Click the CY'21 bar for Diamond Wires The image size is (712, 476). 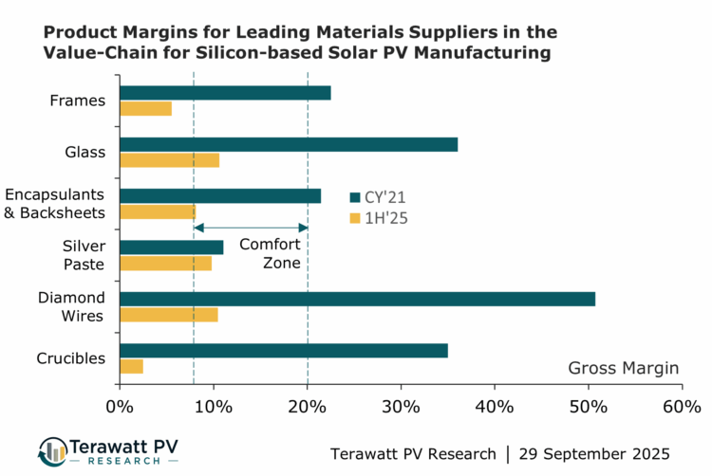(x=357, y=299)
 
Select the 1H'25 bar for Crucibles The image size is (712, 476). (x=131, y=366)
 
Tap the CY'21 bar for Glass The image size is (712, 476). (x=289, y=144)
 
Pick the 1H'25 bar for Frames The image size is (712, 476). (x=145, y=108)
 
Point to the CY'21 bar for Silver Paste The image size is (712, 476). (x=172, y=247)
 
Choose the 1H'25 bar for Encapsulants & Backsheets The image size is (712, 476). (x=158, y=211)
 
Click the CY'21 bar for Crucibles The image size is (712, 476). (x=283, y=350)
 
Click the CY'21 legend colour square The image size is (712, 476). (x=355, y=197)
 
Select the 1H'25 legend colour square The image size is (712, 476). (x=355, y=218)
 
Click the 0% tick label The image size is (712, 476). (x=120, y=407)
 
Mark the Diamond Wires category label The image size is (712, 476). (x=71, y=306)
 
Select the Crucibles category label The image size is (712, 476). (x=70, y=358)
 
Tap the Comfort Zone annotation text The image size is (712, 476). (x=270, y=253)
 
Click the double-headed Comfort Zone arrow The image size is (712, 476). (x=251, y=228)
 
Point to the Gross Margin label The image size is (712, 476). (x=624, y=368)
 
